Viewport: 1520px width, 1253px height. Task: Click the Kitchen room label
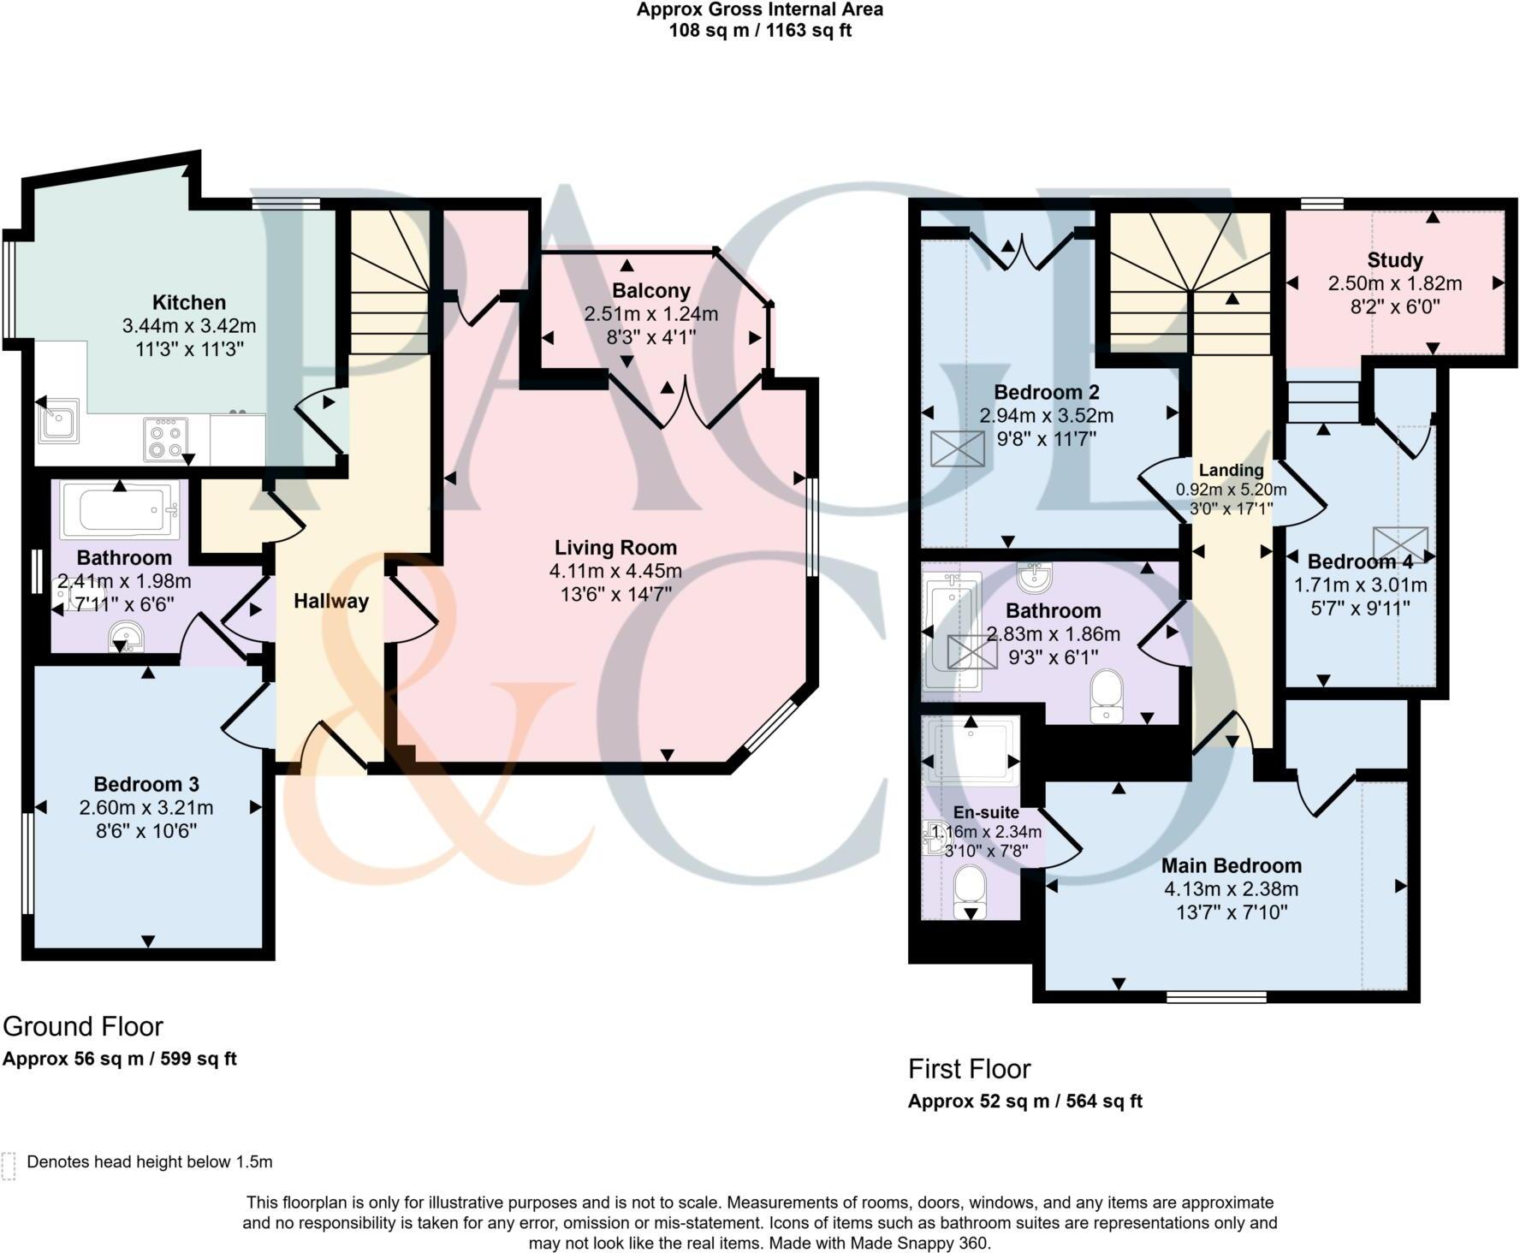pyautogui.click(x=189, y=302)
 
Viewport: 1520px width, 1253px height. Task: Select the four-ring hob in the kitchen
pyautogui.click(x=165, y=439)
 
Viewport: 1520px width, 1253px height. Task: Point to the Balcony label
pyautogui.click(x=650, y=291)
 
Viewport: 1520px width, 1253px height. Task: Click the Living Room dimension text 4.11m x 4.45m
pyautogui.click(x=615, y=571)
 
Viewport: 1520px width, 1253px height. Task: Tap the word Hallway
pyautogui.click(x=330, y=601)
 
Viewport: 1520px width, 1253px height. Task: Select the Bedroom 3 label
pyautogui.click(x=146, y=784)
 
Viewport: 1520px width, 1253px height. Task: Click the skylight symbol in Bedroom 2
pyautogui.click(x=957, y=448)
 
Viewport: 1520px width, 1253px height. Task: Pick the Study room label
pyautogui.click(x=1394, y=260)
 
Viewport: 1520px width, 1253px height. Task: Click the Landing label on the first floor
pyautogui.click(x=1231, y=470)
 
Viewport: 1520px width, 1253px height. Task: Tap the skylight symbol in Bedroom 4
pyautogui.click(x=1400, y=544)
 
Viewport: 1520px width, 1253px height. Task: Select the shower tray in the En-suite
pyautogui.click(x=971, y=748)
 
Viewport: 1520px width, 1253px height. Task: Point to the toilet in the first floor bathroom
pyautogui.click(x=1107, y=695)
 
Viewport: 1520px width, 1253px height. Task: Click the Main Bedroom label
pyautogui.click(x=1231, y=865)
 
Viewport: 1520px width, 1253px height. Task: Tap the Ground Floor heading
pyautogui.click(x=83, y=1026)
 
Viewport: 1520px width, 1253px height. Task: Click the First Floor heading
pyautogui.click(x=969, y=1069)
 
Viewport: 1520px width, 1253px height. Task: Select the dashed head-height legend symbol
pyautogui.click(x=9, y=1166)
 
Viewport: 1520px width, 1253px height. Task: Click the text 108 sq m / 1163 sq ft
pyautogui.click(x=759, y=31)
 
